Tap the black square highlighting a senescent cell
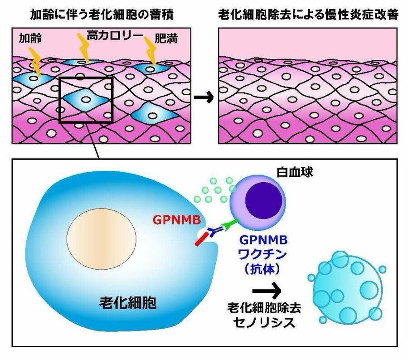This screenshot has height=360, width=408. [86, 101]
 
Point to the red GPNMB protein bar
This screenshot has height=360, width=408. [201, 239]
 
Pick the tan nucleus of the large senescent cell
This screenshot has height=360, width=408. [102, 238]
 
